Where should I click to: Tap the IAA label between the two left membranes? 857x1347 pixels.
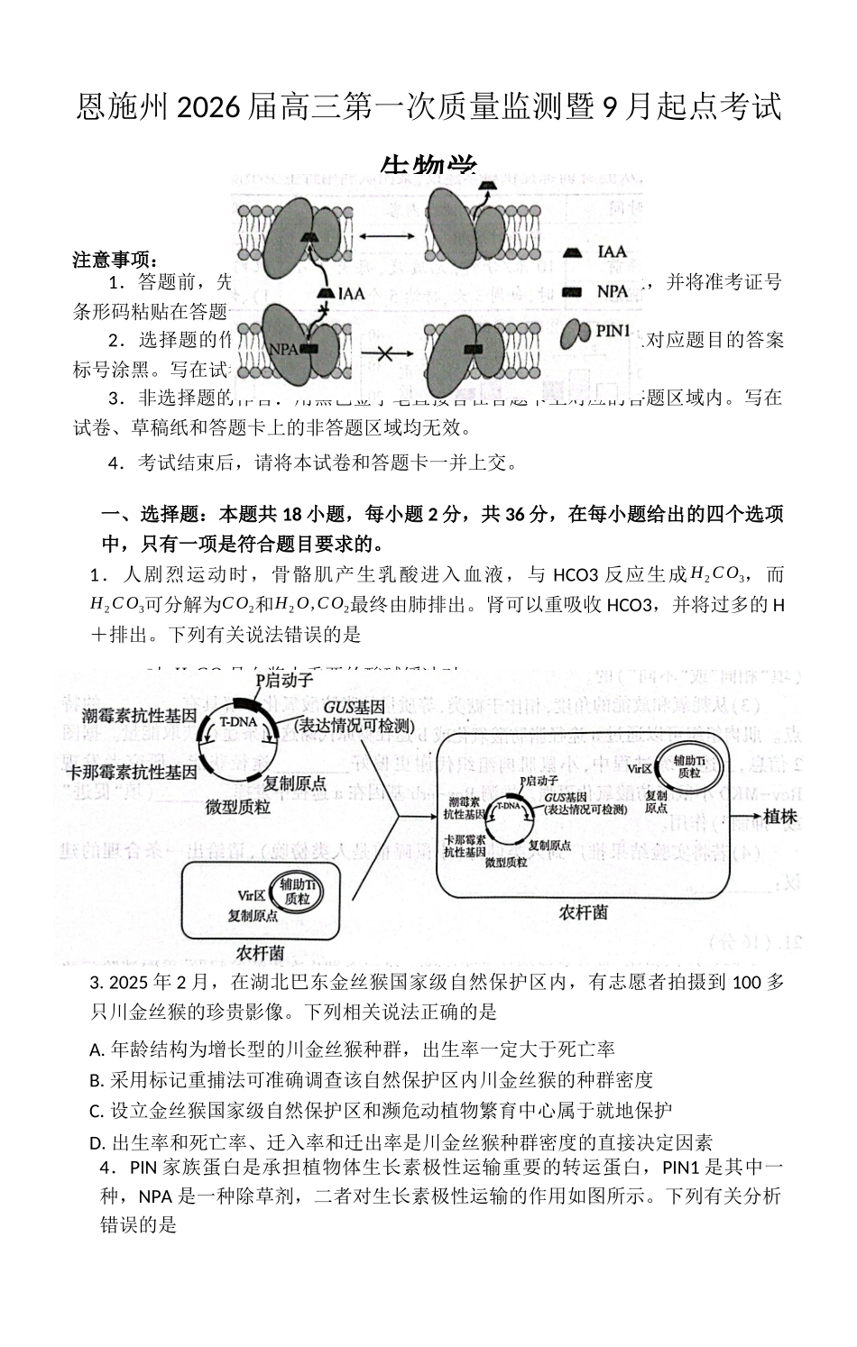pos(351,293)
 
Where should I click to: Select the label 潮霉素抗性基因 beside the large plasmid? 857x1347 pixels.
pos(139,717)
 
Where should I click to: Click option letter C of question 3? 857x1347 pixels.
pos(97,1111)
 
